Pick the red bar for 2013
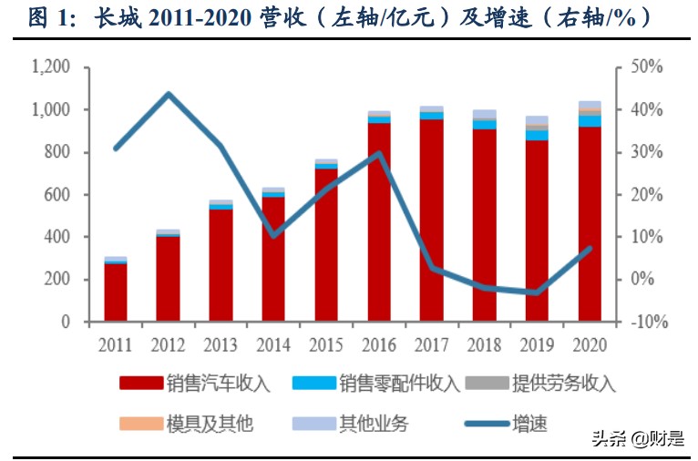(221, 265)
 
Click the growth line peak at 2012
(169, 94)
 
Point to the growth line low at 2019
(538, 292)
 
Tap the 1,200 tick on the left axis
(50, 67)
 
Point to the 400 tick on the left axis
(56, 237)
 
